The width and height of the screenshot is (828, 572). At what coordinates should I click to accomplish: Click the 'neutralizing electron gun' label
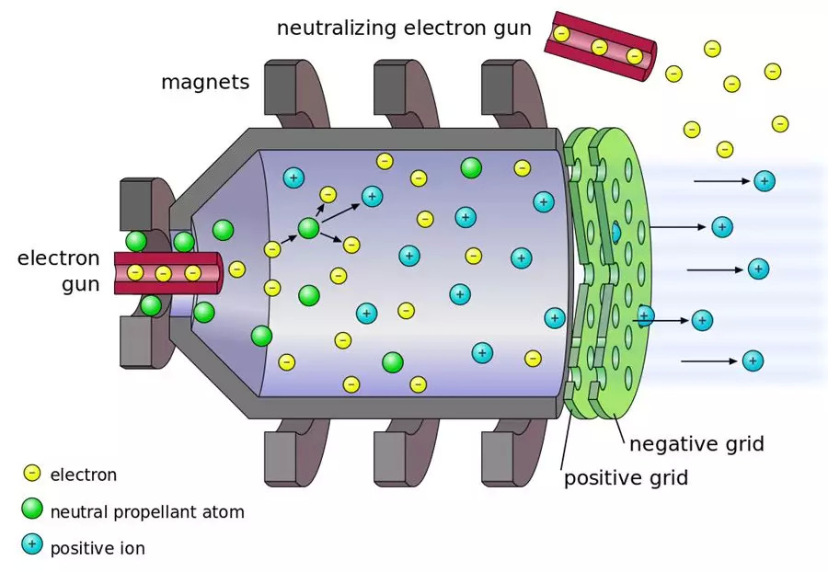[404, 28]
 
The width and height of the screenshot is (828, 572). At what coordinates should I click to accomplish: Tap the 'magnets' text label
[204, 82]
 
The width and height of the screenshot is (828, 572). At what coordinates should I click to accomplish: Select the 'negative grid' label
[696, 444]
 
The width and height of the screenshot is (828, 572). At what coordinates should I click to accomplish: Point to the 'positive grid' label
[626, 477]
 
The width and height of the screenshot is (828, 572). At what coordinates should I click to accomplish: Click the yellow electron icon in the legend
[32, 474]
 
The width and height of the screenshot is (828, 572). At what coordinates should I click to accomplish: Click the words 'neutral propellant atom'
[147, 511]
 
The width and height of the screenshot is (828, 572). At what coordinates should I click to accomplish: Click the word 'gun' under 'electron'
[80, 284]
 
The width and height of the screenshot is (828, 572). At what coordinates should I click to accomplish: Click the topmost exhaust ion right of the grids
[764, 181]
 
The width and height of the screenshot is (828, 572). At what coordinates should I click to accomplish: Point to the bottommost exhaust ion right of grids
[753, 361]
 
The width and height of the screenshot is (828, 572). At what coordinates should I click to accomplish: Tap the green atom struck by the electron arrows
[308, 228]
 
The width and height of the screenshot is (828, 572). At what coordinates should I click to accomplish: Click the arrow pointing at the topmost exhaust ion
[722, 181]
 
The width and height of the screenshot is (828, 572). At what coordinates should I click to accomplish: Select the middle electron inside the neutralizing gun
[599, 46]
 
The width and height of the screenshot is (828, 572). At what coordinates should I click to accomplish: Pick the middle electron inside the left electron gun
[164, 273]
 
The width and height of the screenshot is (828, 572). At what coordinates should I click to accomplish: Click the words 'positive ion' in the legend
[98, 548]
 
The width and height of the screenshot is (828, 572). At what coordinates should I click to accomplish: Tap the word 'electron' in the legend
[84, 475]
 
